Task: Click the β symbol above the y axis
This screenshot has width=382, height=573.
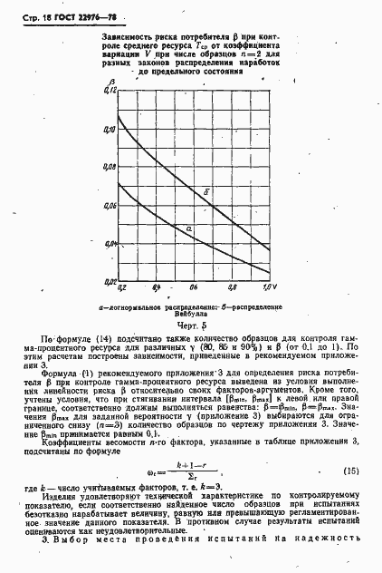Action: [112, 83]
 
